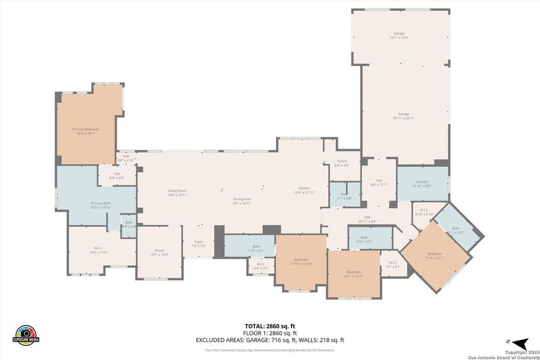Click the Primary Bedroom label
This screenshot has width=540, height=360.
(x=86, y=131)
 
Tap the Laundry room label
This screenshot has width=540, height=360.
(x=421, y=184)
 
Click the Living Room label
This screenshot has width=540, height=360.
(x=177, y=193)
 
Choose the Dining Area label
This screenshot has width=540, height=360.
(x=242, y=201)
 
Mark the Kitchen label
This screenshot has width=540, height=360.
(x=305, y=190)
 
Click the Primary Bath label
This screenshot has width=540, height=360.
(x=100, y=205)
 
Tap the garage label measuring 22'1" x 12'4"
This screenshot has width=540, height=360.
(x=399, y=35)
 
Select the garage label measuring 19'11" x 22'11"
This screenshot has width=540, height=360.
(x=404, y=116)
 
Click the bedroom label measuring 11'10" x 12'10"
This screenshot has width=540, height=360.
(x=301, y=262)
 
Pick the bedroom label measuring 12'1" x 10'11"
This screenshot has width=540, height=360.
(x=353, y=274)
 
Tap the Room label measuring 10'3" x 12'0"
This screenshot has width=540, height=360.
(x=159, y=253)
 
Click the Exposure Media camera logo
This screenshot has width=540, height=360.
(x=26, y=335)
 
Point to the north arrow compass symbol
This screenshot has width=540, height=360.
(x=519, y=344)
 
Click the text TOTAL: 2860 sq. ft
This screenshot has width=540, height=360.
(x=269, y=326)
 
